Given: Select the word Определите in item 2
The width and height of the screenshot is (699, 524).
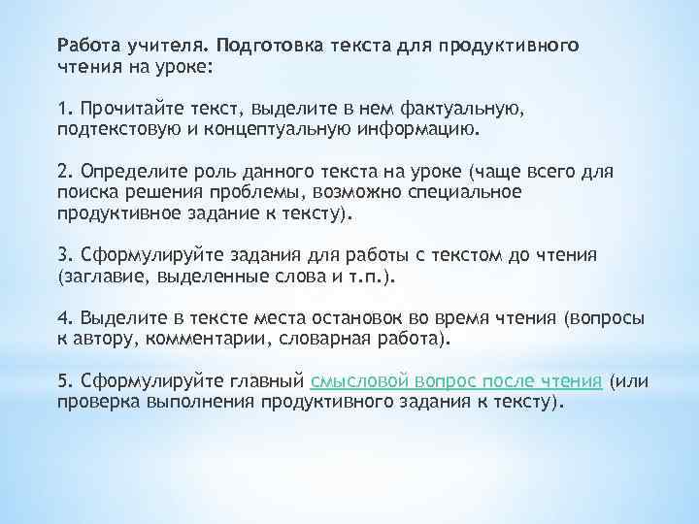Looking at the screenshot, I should point(128,172).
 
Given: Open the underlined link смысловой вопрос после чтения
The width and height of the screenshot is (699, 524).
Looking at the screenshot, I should point(456,380).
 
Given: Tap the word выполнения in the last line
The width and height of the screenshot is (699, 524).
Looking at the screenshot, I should point(204,400).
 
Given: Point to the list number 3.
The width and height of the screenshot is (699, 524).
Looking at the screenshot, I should point(63,254).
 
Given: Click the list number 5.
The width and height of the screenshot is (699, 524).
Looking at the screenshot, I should point(63,380).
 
